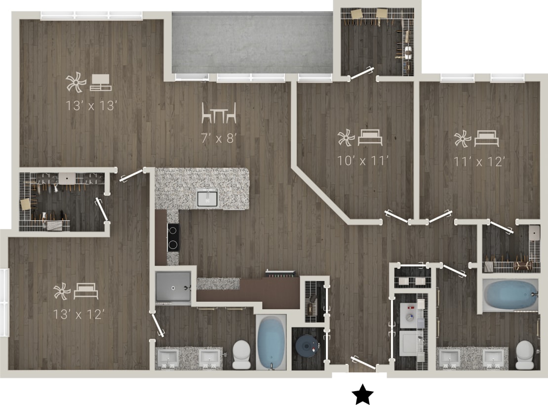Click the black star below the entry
tap(362, 394)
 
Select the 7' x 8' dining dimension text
tap(219, 138)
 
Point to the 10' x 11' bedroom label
tap(364, 161)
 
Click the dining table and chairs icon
tap(219, 113)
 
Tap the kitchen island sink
tap(207, 198)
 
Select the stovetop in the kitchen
tap(173, 238)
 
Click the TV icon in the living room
tap(101, 82)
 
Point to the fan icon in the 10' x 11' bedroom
tap(346, 138)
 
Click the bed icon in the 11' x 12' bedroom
tap(487, 139)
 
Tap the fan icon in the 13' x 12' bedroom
tap(62, 291)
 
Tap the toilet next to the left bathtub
tap(242, 355)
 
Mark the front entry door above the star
tap(363, 364)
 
